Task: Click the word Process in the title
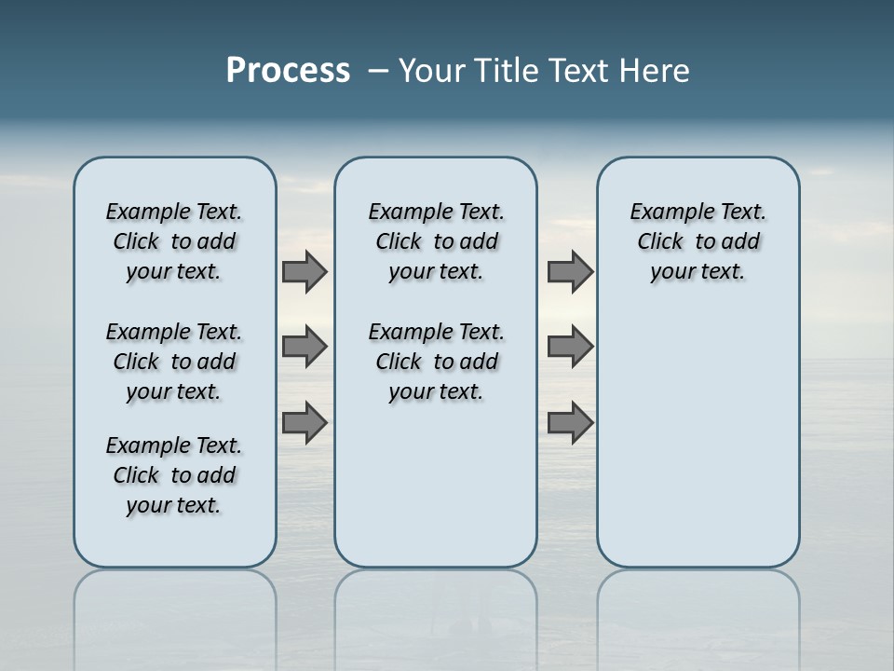pos(288,71)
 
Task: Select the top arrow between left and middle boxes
pos(305,271)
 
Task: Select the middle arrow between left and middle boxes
pos(305,347)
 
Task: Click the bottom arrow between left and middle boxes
pos(305,423)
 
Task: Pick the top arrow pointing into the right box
pos(570,271)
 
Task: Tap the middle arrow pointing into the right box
pos(570,347)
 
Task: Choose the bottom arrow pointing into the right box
pos(570,423)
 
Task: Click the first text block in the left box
pos(174,241)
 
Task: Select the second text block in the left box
pos(174,362)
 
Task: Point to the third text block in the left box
pos(174,475)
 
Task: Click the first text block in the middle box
pos(436,241)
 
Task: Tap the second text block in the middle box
pos(436,362)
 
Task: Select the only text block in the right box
pos(698,241)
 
